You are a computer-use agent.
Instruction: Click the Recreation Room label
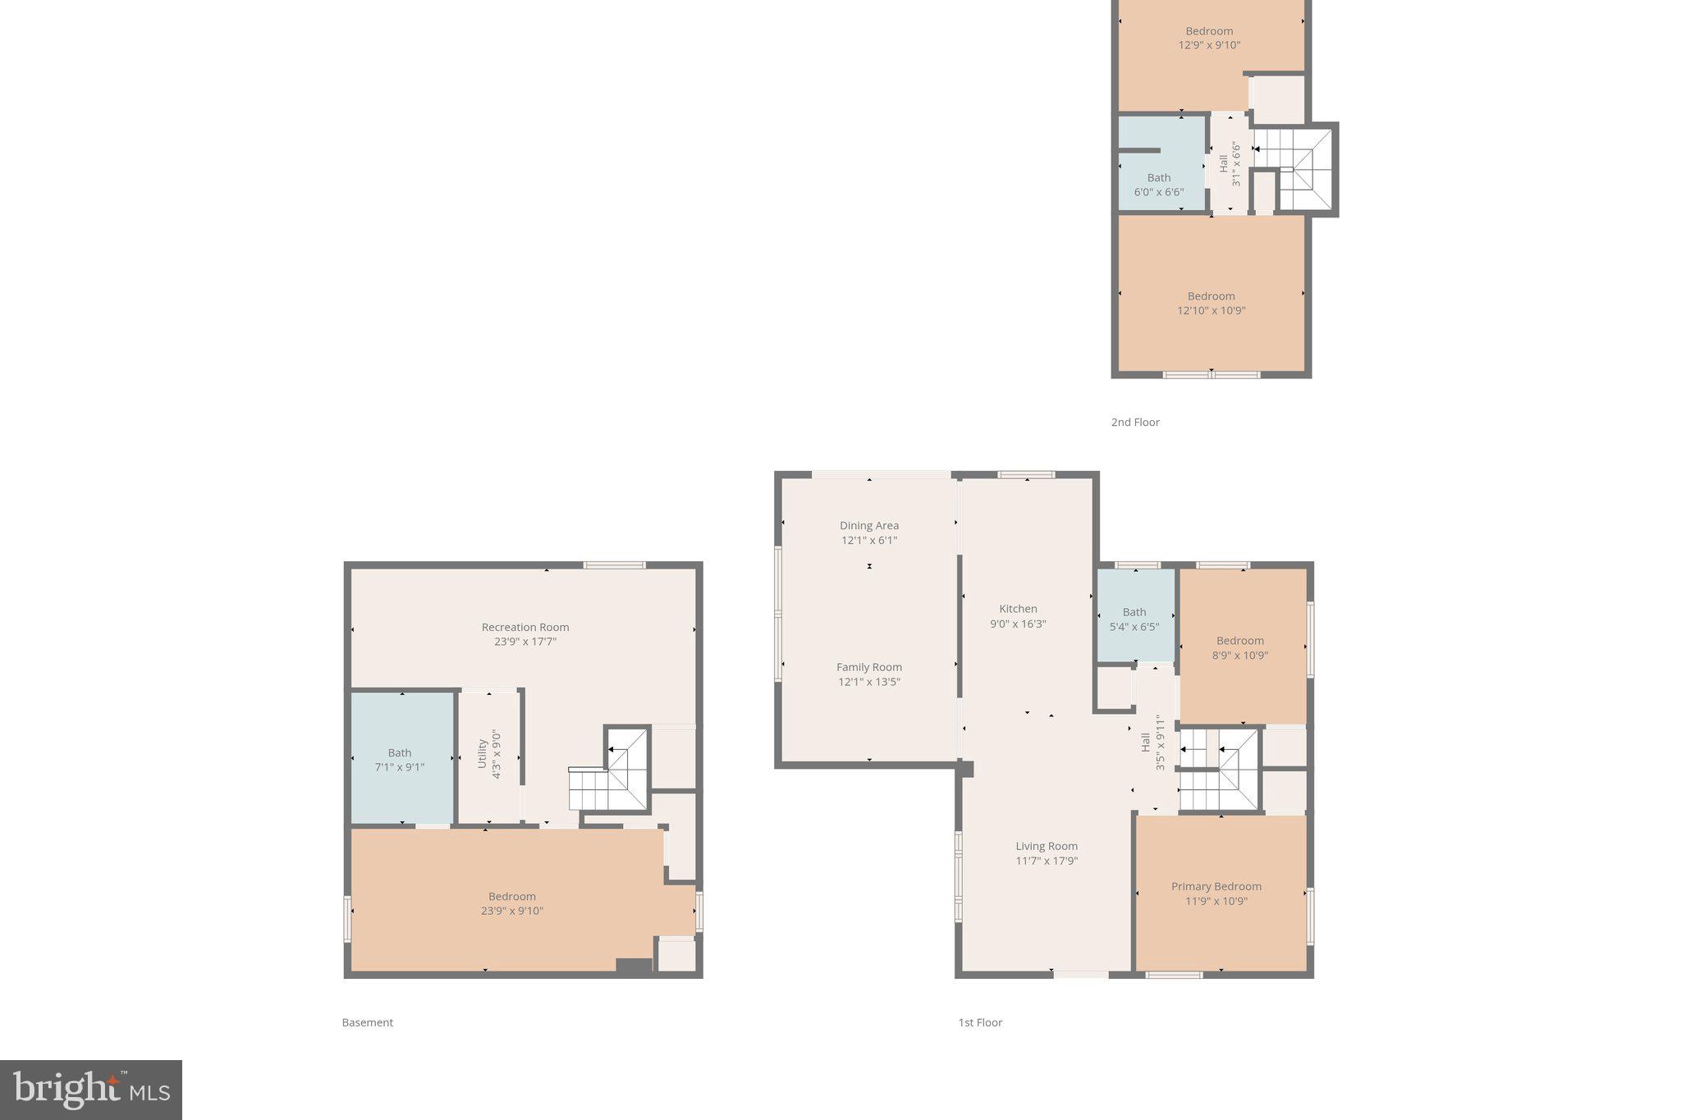tap(525, 627)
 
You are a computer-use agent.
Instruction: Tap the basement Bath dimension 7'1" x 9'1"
tap(400, 767)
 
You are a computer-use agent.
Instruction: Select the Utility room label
tap(483, 753)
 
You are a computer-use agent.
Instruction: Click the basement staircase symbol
tap(611, 775)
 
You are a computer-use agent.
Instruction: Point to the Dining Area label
tap(868, 525)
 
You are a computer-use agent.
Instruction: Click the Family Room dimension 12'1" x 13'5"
tap(868, 682)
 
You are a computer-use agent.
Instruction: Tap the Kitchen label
tap(1018, 609)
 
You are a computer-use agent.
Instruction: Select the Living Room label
tap(1047, 846)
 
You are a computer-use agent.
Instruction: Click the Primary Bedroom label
tap(1216, 886)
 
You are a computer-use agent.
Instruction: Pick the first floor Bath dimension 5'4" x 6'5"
tap(1134, 627)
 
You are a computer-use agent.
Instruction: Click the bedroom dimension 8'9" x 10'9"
tap(1239, 656)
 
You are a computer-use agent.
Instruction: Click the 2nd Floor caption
tap(1135, 422)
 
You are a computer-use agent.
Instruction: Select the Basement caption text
tap(367, 1022)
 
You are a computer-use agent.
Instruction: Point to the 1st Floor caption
tap(980, 1022)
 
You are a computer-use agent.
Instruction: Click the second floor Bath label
tap(1158, 177)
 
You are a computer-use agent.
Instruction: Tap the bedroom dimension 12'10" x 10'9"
tap(1211, 310)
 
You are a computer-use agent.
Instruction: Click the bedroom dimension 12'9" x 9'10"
tap(1209, 45)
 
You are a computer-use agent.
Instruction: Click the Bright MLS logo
tap(90, 1090)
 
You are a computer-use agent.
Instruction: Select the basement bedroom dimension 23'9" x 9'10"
tap(511, 911)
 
